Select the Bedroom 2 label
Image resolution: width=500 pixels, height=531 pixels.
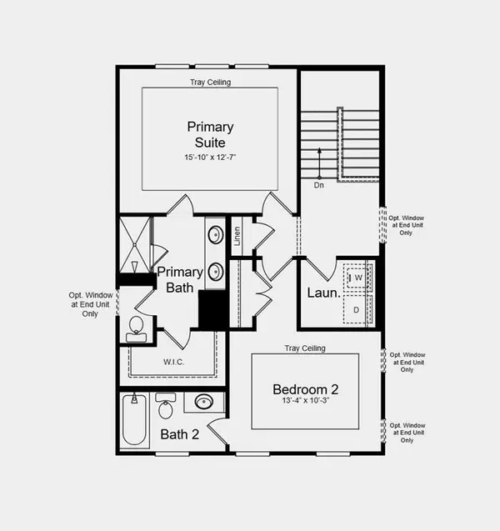pos(305,389)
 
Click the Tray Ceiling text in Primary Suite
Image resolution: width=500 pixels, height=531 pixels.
pos(210,83)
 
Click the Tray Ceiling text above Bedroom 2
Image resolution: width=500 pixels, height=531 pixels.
pos(304,348)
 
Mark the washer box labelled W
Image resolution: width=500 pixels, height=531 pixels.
pos(357,278)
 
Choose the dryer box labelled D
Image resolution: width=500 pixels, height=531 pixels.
pos(357,309)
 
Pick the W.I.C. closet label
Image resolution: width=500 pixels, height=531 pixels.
pos(173,362)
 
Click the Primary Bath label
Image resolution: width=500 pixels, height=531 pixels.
pos(179,279)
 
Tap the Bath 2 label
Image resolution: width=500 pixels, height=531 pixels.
pos(180,433)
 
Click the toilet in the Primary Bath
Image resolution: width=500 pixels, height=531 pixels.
pos(137,328)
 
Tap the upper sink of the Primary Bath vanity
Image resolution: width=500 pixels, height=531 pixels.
pos(215,234)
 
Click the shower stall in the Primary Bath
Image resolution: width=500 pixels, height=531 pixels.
pos(135,244)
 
